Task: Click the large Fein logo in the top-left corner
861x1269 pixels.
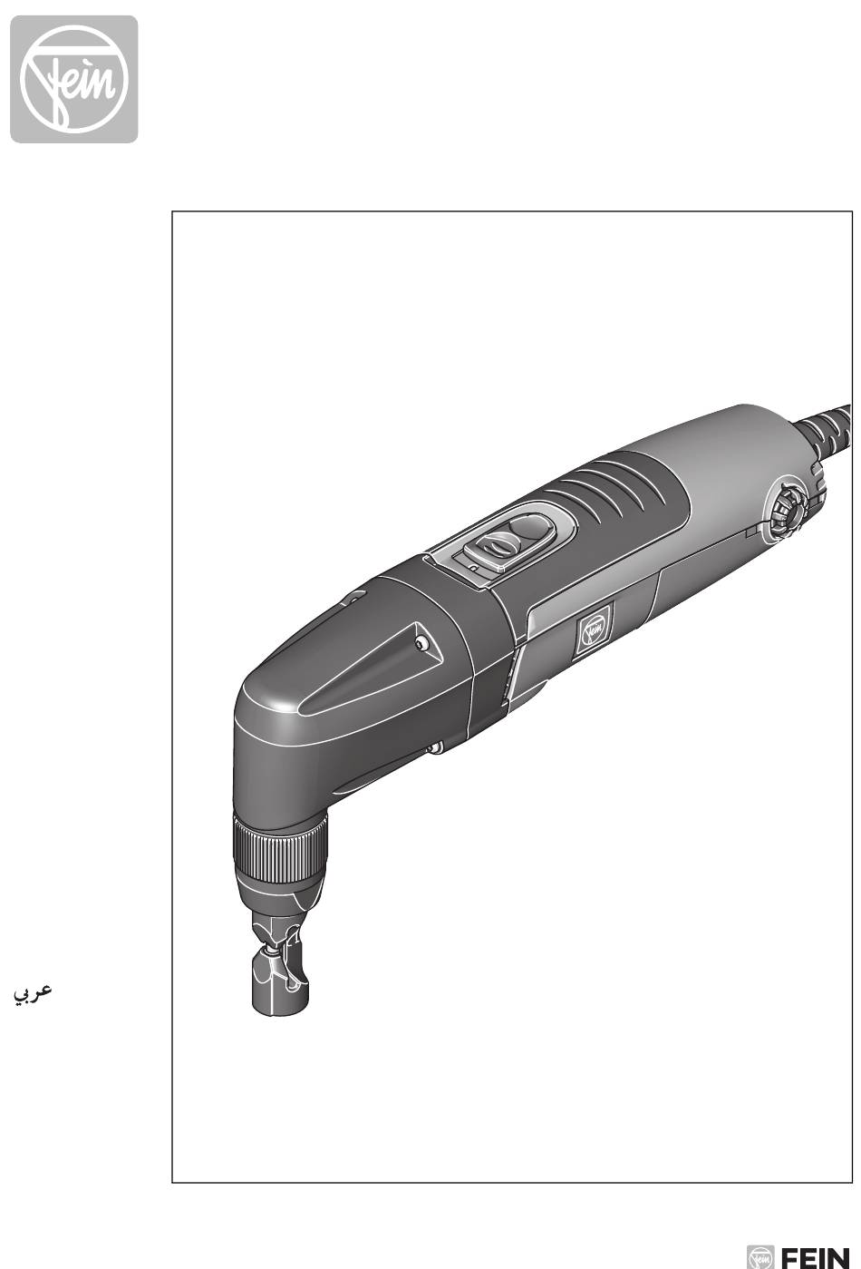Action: tap(74, 79)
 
